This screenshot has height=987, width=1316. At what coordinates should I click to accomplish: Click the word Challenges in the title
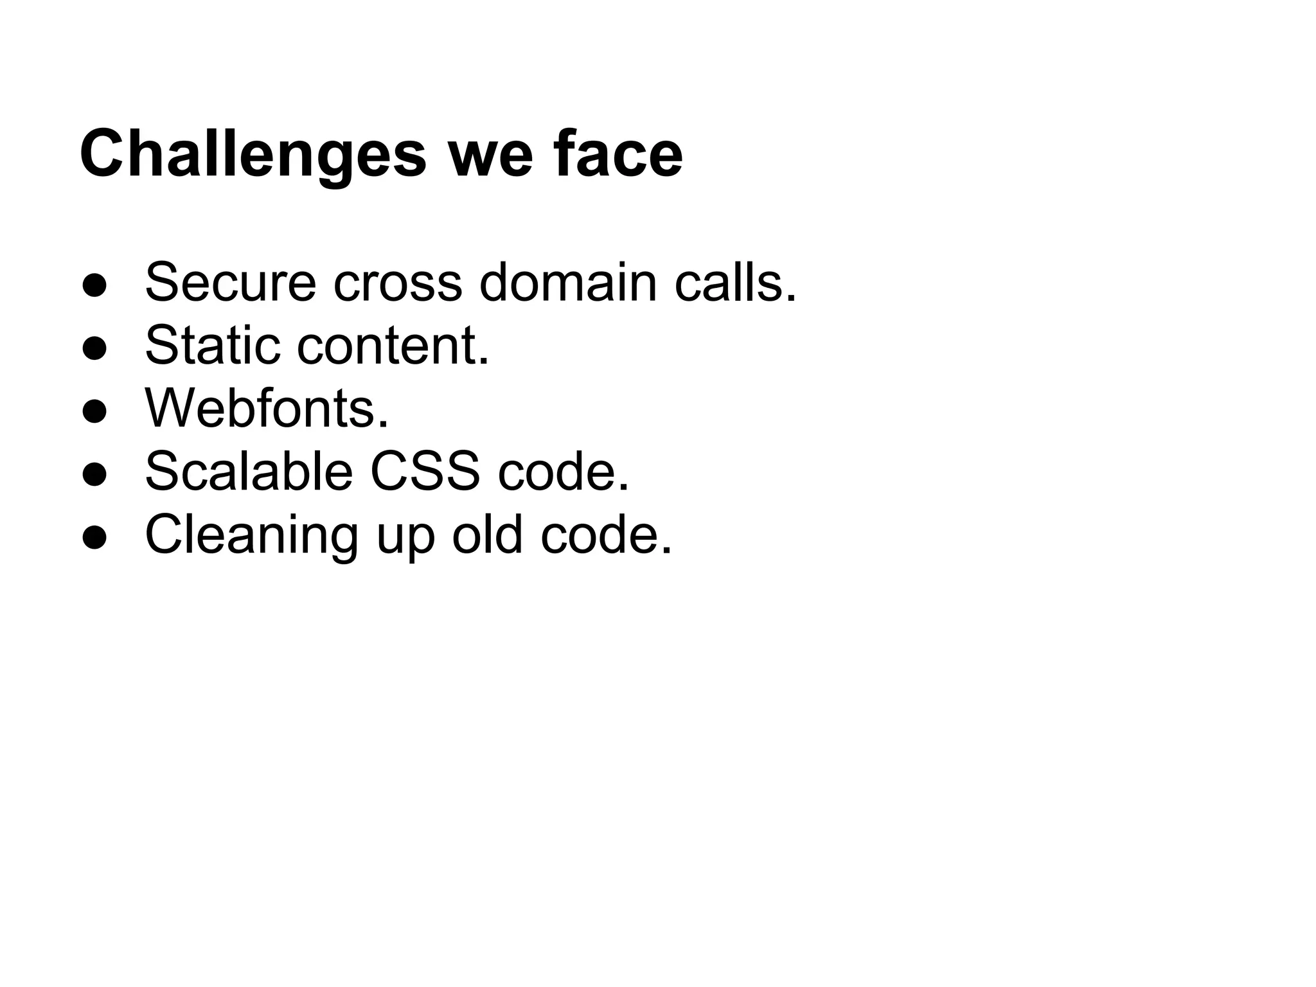(x=253, y=155)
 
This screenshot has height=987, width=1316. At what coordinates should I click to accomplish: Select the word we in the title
(x=490, y=155)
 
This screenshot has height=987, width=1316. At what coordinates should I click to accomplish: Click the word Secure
(x=231, y=282)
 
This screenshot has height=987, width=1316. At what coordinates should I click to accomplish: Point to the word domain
(x=568, y=282)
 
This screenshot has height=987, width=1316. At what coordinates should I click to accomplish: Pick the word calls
(x=735, y=282)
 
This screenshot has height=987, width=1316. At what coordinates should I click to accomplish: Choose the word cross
(x=398, y=282)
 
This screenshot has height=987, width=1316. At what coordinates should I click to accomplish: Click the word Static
(x=212, y=345)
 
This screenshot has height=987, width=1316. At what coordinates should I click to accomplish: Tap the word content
(x=392, y=345)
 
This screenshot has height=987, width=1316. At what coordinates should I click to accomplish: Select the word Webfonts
(x=267, y=408)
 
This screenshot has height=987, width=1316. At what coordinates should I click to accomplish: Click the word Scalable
(x=249, y=471)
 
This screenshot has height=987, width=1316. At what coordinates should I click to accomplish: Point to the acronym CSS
(x=425, y=471)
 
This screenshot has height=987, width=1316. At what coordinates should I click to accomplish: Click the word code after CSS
(x=564, y=471)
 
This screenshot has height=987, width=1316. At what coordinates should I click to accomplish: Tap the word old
(x=487, y=534)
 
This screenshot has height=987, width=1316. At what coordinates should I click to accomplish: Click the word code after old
(x=606, y=534)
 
